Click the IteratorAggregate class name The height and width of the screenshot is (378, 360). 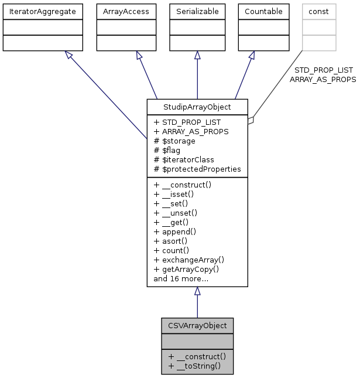pyautogui.click(x=42, y=11)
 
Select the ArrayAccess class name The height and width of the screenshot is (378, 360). pyautogui.click(x=122, y=11)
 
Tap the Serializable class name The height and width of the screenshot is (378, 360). pyautogui.click(x=197, y=11)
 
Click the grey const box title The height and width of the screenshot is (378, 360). pyautogui.click(x=319, y=11)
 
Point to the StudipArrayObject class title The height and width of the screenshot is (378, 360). pyautogui.click(x=197, y=107)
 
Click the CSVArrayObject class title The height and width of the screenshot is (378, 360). pyautogui.click(x=197, y=325)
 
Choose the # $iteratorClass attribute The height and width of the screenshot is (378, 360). pyautogui.click(x=184, y=159)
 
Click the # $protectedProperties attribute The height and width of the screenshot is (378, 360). pyautogui.click(x=197, y=169)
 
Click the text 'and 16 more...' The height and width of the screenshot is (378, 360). pyautogui.click(x=181, y=278)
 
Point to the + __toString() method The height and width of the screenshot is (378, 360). pyautogui.click(x=194, y=366)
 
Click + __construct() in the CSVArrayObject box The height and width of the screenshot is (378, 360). pyautogui.click(x=197, y=356)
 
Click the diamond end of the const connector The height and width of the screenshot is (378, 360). pyautogui.click(x=251, y=120)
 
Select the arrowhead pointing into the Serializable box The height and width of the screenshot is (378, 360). pyautogui.click(x=197, y=55)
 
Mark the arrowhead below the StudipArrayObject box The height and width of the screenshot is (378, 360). pyautogui.click(x=197, y=291)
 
